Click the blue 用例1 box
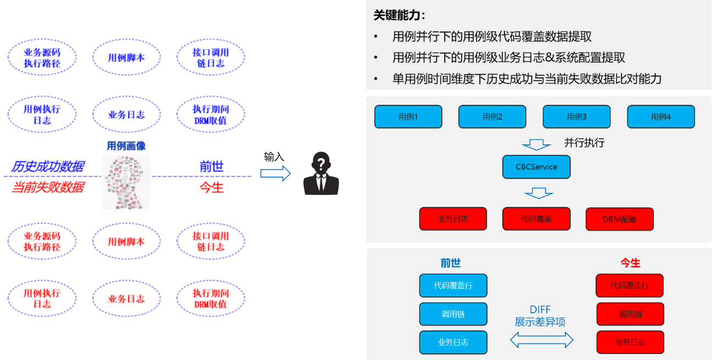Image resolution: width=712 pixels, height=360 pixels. (x=408, y=117)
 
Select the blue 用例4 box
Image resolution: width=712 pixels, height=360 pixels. (x=660, y=117)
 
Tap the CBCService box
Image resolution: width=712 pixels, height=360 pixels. (x=536, y=167)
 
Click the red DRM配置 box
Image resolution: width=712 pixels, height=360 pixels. (x=620, y=219)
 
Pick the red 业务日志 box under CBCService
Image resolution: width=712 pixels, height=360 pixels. (x=453, y=218)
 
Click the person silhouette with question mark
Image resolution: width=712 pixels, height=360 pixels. (x=322, y=173)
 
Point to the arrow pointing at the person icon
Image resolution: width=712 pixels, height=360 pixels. (x=275, y=173)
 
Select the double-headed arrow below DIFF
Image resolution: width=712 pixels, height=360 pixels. (x=541, y=341)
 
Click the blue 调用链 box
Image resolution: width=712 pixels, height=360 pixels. (x=453, y=314)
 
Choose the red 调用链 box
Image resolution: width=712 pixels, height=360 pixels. (x=630, y=314)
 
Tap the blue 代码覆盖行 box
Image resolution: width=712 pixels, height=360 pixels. (x=453, y=285)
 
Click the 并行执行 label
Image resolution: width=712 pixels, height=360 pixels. (x=584, y=143)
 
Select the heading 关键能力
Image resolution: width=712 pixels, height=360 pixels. (x=399, y=15)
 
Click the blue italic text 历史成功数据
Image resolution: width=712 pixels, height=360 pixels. (x=48, y=167)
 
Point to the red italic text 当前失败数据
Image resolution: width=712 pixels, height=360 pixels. (x=48, y=188)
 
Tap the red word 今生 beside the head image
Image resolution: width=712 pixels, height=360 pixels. (x=211, y=188)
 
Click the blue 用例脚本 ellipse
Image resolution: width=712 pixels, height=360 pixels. (x=126, y=58)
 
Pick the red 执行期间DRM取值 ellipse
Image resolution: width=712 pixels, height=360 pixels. (x=210, y=299)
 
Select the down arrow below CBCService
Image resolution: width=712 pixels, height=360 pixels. (x=539, y=193)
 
